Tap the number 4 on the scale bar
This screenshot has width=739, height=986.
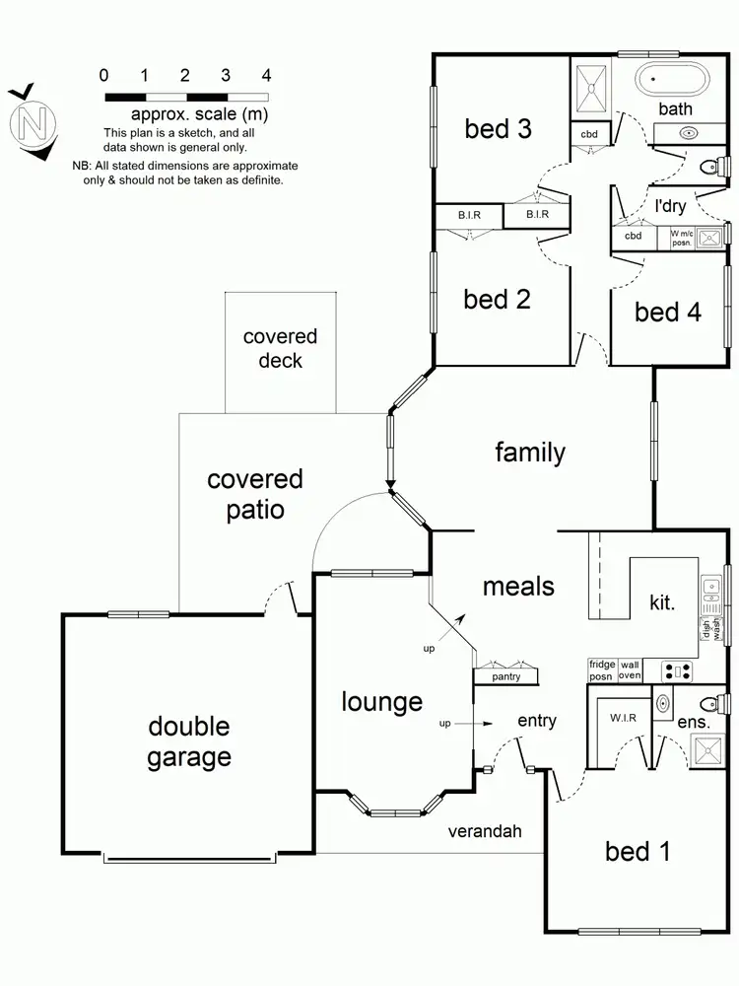[x=266, y=75]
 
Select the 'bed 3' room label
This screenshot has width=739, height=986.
[x=501, y=128]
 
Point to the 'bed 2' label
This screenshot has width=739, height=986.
[x=497, y=299]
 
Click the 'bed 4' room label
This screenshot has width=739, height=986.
[x=668, y=313]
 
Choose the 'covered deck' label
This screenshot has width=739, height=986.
[x=280, y=349]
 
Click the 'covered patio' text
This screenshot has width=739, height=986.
[x=254, y=494]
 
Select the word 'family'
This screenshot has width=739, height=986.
[x=530, y=453]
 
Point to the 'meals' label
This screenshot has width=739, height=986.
[x=518, y=586]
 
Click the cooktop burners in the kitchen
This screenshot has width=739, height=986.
[x=677, y=671]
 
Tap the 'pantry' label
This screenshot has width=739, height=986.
[x=505, y=676]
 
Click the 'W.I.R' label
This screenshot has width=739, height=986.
[x=621, y=719]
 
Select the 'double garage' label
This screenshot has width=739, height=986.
[x=189, y=741]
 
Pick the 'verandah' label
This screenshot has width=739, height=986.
[x=483, y=831]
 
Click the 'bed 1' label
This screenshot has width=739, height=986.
[x=638, y=851]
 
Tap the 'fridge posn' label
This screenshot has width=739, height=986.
[x=601, y=669]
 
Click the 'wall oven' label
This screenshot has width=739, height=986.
[x=630, y=669]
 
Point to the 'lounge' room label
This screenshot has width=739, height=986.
[x=382, y=702]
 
